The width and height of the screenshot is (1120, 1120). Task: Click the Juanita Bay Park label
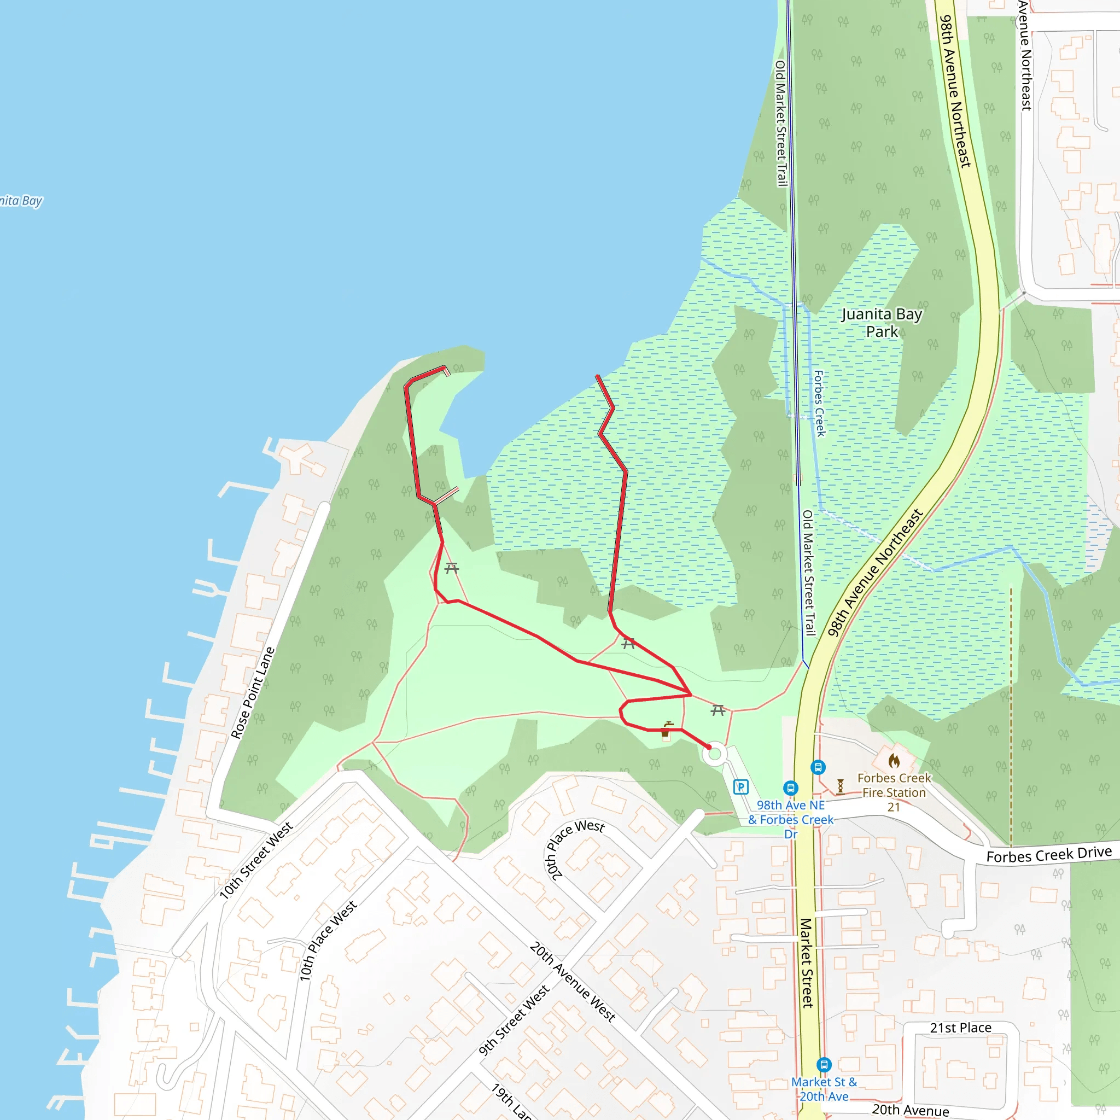point(881,323)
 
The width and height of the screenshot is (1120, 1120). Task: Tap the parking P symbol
point(741,786)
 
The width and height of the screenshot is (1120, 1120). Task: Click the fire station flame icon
point(894,761)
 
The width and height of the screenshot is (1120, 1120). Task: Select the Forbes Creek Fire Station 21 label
point(894,792)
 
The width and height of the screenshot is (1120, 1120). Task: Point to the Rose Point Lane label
point(253,693)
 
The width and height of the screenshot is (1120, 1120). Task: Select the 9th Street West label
point(514,1021)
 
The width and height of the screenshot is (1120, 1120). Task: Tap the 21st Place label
point(960,1028)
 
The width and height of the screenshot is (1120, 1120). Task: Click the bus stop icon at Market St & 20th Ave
point(823,1065)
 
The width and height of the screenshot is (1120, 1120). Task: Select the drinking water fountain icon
point(666,728)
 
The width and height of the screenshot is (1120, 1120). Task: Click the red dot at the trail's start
point(708,747)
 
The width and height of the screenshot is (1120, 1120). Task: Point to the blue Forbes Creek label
point(819,403)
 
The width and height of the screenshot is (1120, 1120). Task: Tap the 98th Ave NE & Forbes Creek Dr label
point(791,819)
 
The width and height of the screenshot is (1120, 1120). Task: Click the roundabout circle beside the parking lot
point(715,754)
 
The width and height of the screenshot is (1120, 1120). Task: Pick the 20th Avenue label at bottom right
point(910,1110)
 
